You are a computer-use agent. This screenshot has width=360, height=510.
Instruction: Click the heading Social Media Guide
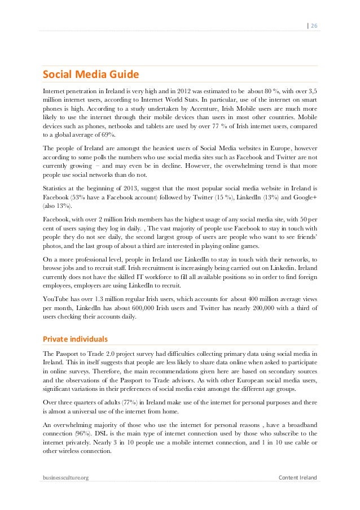(x=90, y=75)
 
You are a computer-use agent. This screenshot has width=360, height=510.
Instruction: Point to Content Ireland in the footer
(x=298, y=478)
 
